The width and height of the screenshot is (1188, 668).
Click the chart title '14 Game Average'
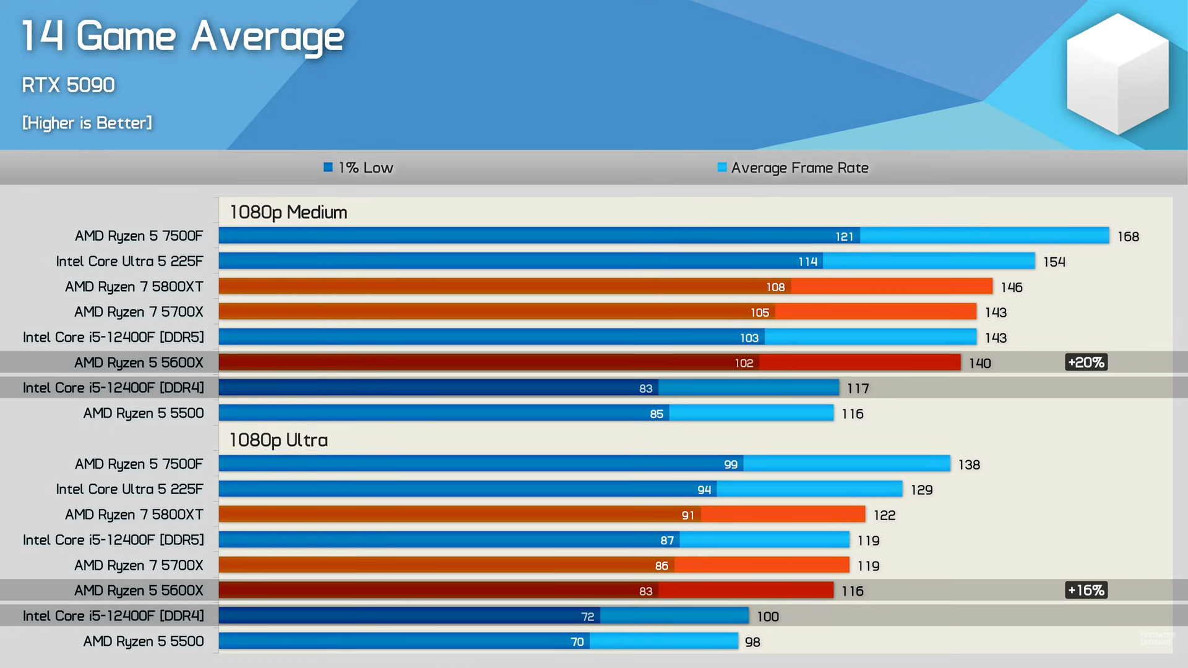pyautogui.click(x=183, y=37)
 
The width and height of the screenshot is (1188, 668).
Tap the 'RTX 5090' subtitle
pyautogui.click(x=68, y=85)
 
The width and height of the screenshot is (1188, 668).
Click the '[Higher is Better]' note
pyautogui.click(x=87, y=123)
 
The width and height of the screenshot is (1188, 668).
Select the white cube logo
pyautogui.click(x=1117, y=74)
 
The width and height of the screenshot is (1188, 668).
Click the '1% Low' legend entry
pyautogui.click(x=359, y=168)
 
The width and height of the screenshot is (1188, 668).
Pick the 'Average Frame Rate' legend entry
pyautogui.click(x=793, y=168)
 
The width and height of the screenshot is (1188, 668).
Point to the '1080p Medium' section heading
pyautogui.click(x=288, y=212)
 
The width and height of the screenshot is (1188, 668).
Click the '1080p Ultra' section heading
pyautogui.click(x=278, y=440)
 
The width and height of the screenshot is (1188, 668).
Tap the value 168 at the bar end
pyautogui.click(x=1128, y=236)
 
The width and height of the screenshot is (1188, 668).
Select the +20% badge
pyautogui.click(x=1086, y=362)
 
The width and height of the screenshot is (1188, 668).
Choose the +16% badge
pyautogui.click(x=1086, y=590)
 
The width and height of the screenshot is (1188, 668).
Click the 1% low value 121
pyautogui.click(x=844, y=236)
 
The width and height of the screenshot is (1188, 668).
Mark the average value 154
pyautogui.click(x=1054, y=262)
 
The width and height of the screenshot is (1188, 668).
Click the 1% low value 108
pyautogui.click(x=775, y=287)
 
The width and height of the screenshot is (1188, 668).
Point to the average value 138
pyautogui.click(x=969, y=465)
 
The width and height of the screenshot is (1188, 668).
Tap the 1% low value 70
pyautogui.click(x=577, y=642)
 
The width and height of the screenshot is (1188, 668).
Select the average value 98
pyautogui.click(x=752, y=642)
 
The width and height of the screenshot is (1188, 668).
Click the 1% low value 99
pyautogui.click(x=730, y=465)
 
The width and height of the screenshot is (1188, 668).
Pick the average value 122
pyautogui.click(x=884, y=515)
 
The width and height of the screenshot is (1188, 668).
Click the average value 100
pyautogui.click(x=767, y=617)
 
